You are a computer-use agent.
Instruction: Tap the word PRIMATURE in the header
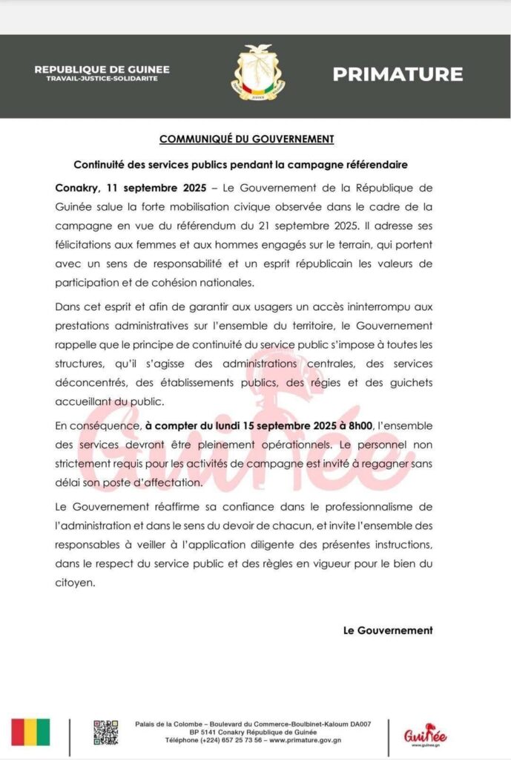coord(398,74)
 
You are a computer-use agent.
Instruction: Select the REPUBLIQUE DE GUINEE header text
coord(102,70)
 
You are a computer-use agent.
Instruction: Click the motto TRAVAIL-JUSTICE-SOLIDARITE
coord(102,79)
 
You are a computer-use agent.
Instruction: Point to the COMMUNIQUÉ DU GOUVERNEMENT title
coord(247,139)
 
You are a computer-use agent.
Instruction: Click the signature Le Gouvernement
coord(388,630)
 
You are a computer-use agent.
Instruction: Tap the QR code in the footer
coord(105,732)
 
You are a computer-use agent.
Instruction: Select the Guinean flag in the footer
coord(30,732)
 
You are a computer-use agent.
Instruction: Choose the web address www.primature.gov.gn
coord(302,740)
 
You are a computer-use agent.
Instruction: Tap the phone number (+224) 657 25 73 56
coord(231,740)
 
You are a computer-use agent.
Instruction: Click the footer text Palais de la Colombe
coord(168,724)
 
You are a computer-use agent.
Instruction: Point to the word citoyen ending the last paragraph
coord(75,583)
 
